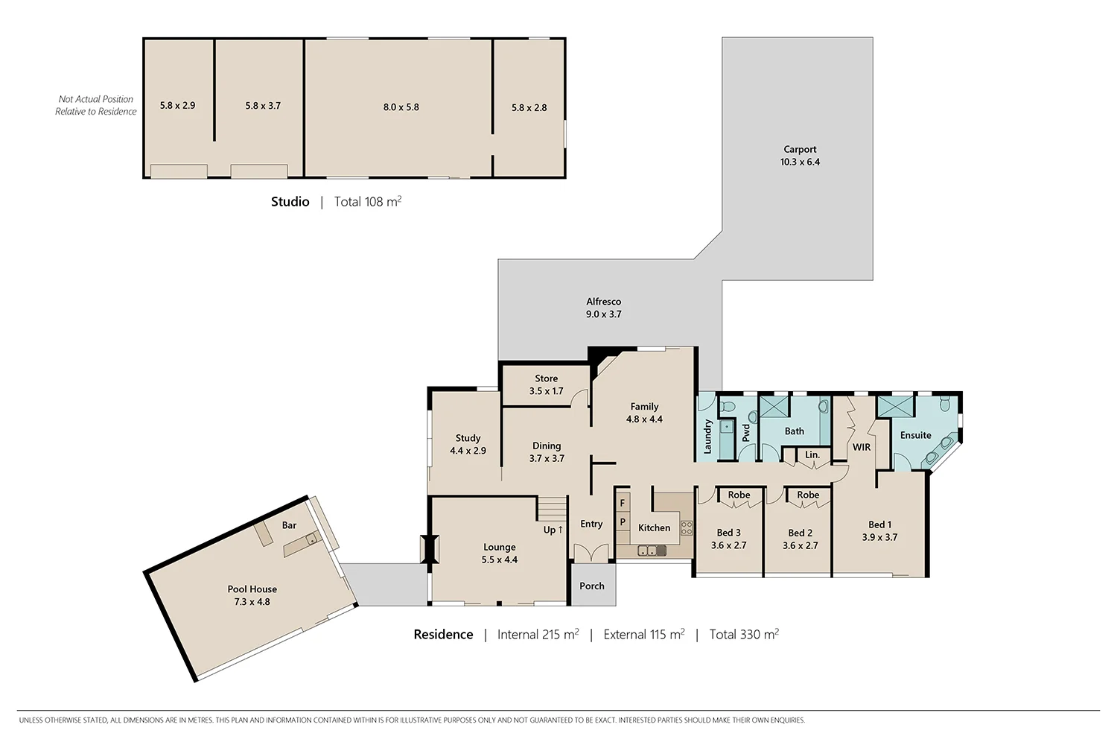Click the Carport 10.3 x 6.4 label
(800, 156)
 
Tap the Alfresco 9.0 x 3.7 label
(603, 308)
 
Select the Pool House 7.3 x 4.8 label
(252, 595)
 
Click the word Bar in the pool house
(289, 525)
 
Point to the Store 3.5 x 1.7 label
(546, 384)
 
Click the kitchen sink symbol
(652, 551)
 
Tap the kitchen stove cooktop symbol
(686, 528)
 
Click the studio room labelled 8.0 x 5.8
(401, 107)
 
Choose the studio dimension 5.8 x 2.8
(529, 108)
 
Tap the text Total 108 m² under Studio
(368, 202)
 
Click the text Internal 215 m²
(538, 635)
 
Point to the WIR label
(861, 447)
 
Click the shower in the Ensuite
(894, 407)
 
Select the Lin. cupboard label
(812, 454)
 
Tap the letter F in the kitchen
(623, 504)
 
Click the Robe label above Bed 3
(739, 495)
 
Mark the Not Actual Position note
(96, 105)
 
